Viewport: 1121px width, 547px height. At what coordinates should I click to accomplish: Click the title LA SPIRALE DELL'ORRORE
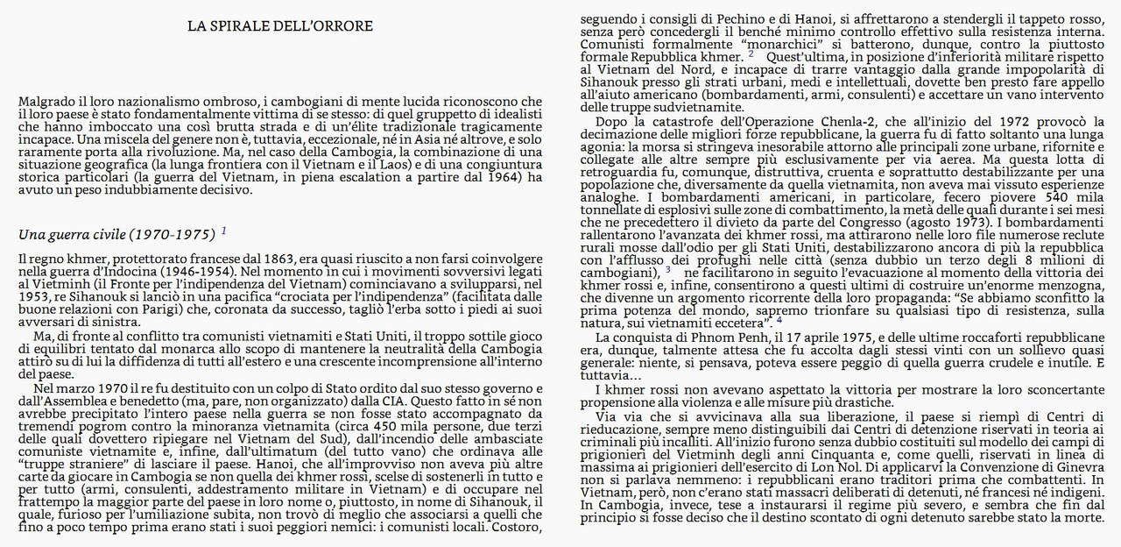point(280,26)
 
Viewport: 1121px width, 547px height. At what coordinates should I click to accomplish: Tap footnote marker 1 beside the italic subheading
point(224,231)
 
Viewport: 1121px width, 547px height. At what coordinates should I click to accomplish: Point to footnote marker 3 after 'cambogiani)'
point(668,270)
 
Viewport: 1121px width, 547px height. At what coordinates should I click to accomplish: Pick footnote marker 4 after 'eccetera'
point(779,318)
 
